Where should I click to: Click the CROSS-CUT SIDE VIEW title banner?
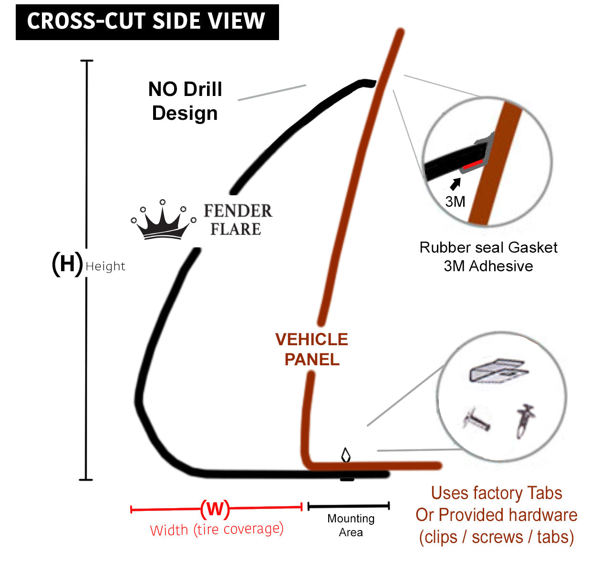(x=147, y=22)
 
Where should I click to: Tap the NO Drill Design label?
(x=185, y=101)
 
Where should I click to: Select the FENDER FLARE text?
(x=238, y=220)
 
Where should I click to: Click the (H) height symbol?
(x=67, y=264)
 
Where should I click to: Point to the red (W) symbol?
(x=215, y=509)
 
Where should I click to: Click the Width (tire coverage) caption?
(x=217, y=530)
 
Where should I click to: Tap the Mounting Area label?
(x=351, y=525)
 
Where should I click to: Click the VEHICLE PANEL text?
(x=312, y=349)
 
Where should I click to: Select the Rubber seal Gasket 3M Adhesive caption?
(x=488, y=256)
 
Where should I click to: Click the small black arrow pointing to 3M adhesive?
(x=456, y=183)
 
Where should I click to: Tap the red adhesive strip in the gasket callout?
(x=472, y=164)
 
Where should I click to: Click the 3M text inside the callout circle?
(x=455, y=202)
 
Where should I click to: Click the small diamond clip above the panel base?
(x=346, y=455)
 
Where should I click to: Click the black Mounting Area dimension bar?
(x=349, y=506)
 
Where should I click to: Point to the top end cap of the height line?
(x=86, y=61)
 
